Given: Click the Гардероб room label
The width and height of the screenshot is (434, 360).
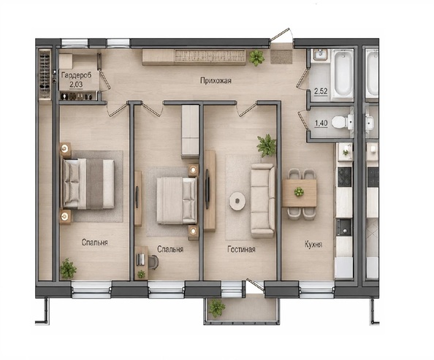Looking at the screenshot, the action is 77,75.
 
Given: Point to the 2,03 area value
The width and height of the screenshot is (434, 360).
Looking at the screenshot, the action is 76,84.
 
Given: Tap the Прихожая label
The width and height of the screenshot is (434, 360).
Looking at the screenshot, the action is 216,81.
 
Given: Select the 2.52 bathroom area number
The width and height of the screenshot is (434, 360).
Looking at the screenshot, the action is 321,91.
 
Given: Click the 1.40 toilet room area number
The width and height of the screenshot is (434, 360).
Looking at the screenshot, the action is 321,123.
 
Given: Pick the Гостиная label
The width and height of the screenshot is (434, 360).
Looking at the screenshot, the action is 241,249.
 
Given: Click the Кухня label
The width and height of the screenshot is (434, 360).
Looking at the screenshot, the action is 313,245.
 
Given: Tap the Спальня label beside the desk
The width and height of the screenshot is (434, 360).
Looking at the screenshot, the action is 170,249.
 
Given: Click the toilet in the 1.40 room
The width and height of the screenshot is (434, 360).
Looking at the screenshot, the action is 342,122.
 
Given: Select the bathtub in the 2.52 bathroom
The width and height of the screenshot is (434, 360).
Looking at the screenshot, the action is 343,74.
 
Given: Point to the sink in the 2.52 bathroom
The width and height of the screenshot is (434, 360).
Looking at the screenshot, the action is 321,54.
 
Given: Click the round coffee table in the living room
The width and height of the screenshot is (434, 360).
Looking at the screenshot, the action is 237,201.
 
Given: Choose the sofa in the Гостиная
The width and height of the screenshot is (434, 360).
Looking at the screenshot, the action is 262,201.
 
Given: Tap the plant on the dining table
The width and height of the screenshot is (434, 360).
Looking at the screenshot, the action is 299,192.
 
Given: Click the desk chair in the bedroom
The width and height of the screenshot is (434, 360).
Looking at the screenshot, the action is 153,261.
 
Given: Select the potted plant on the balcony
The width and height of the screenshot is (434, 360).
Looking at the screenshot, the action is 217,308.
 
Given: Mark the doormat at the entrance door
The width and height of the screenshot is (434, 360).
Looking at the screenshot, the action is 281,57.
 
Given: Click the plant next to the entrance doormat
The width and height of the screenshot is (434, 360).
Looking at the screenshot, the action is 256,58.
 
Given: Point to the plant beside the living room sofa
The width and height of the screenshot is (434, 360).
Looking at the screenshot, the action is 267,145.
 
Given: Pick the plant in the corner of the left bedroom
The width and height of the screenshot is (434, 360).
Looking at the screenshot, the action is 68,269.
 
